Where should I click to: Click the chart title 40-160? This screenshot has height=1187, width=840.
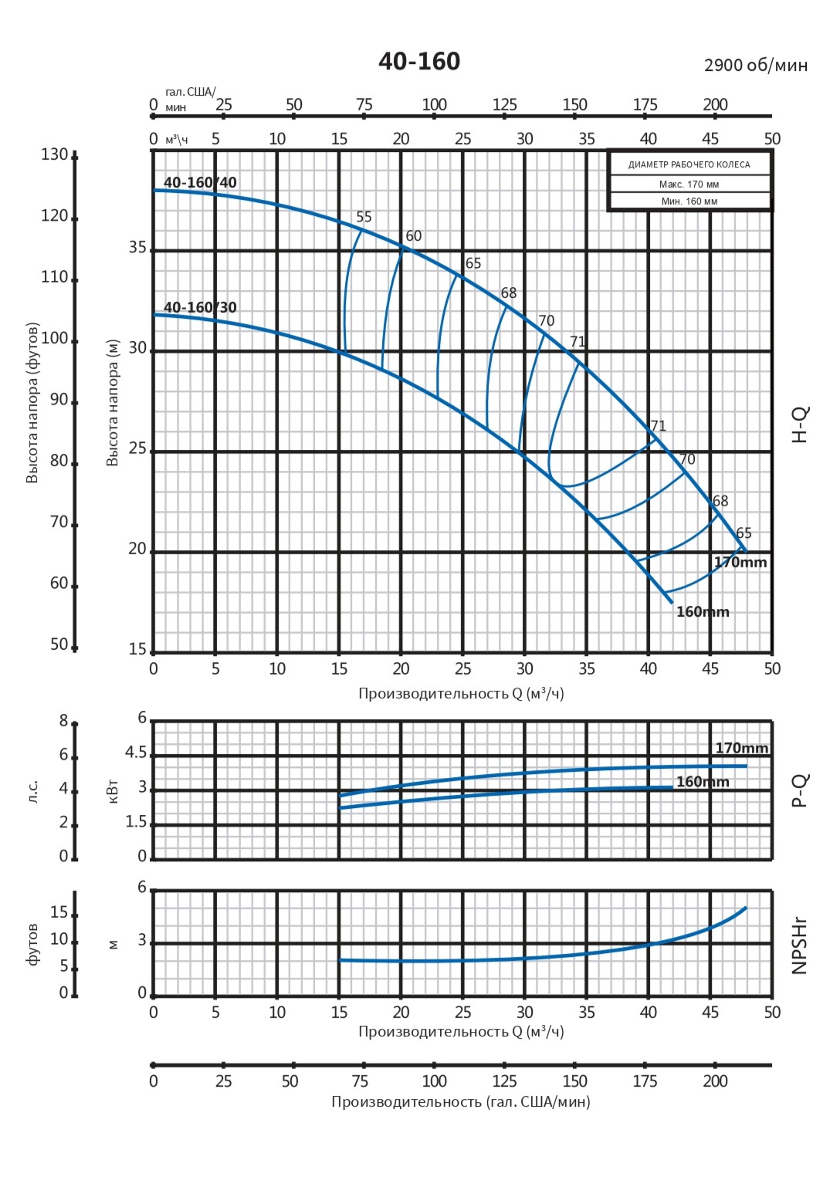419,61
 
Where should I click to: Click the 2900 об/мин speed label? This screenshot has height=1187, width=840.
756,65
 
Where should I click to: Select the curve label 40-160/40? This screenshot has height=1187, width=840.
200,182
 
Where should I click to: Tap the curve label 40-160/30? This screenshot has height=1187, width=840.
200,307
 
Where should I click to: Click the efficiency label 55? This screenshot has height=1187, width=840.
364,217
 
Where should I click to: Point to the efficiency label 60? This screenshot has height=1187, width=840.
414,236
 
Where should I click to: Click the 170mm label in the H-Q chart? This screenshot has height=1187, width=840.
740,562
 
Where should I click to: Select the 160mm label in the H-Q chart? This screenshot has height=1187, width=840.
703,612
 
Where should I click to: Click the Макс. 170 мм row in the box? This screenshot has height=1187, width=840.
689,184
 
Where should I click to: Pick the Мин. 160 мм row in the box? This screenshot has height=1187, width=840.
689,201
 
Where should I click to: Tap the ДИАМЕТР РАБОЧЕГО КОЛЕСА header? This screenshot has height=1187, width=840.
689,164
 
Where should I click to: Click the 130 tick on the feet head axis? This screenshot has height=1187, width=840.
55,154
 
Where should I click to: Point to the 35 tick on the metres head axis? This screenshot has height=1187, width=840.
137,248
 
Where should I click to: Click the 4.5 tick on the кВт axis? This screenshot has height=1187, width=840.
136,752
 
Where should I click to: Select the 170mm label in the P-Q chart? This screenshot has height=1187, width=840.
741,748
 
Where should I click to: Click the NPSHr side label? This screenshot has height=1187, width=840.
800,945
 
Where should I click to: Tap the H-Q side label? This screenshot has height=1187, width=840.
800,424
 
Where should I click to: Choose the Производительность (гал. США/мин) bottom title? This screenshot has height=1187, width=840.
461,1101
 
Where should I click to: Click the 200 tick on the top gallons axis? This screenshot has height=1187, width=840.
715,104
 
